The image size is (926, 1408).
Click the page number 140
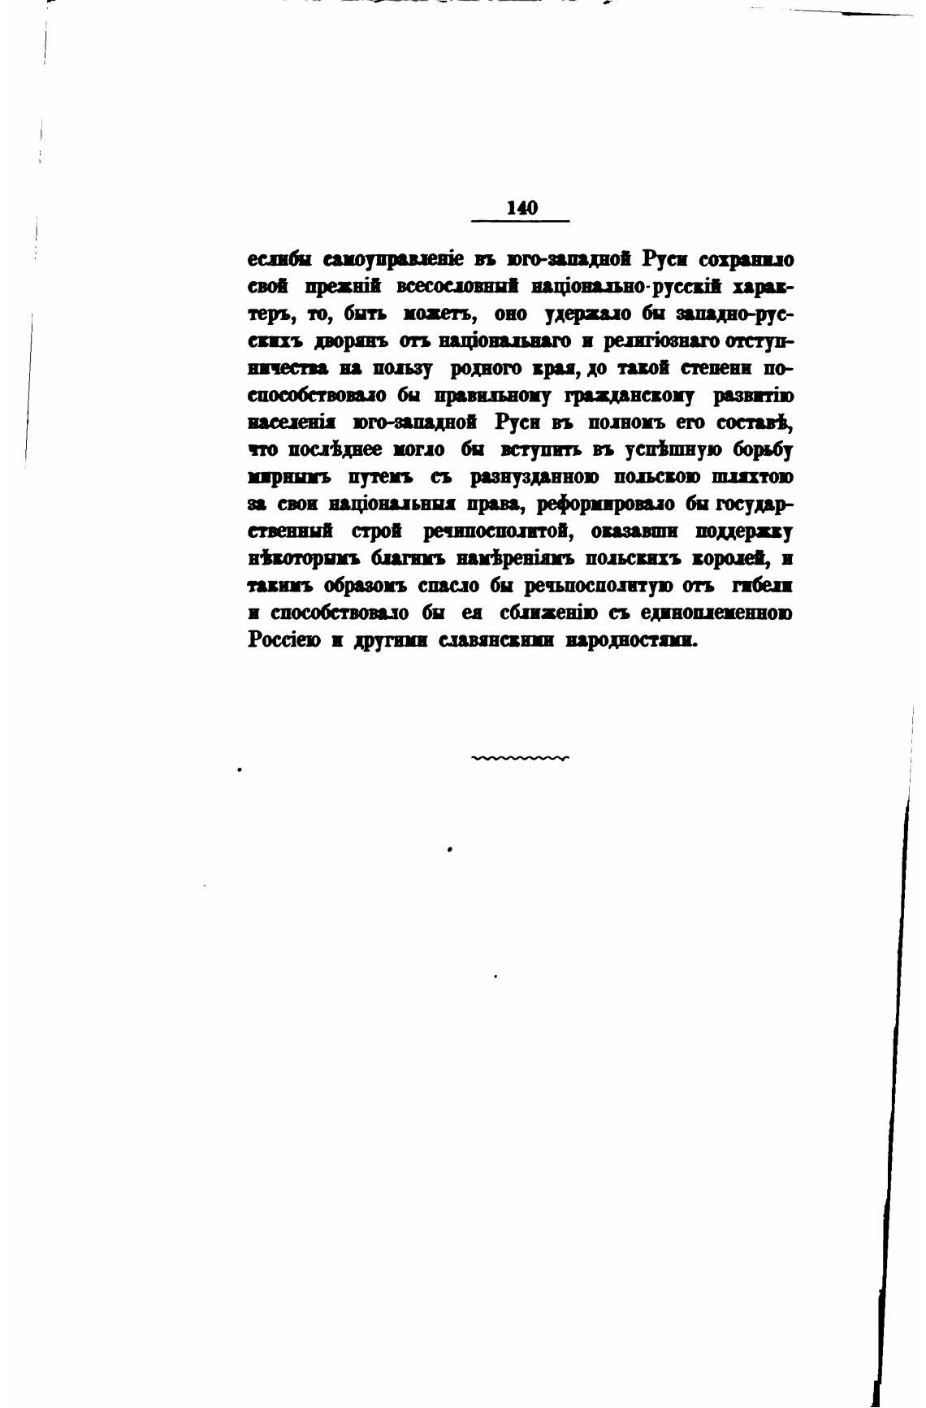pos(521,208)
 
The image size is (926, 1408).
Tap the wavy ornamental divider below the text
pos(521,759)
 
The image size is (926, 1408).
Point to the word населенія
pos(292,423)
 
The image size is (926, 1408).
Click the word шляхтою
pos(751,477)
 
